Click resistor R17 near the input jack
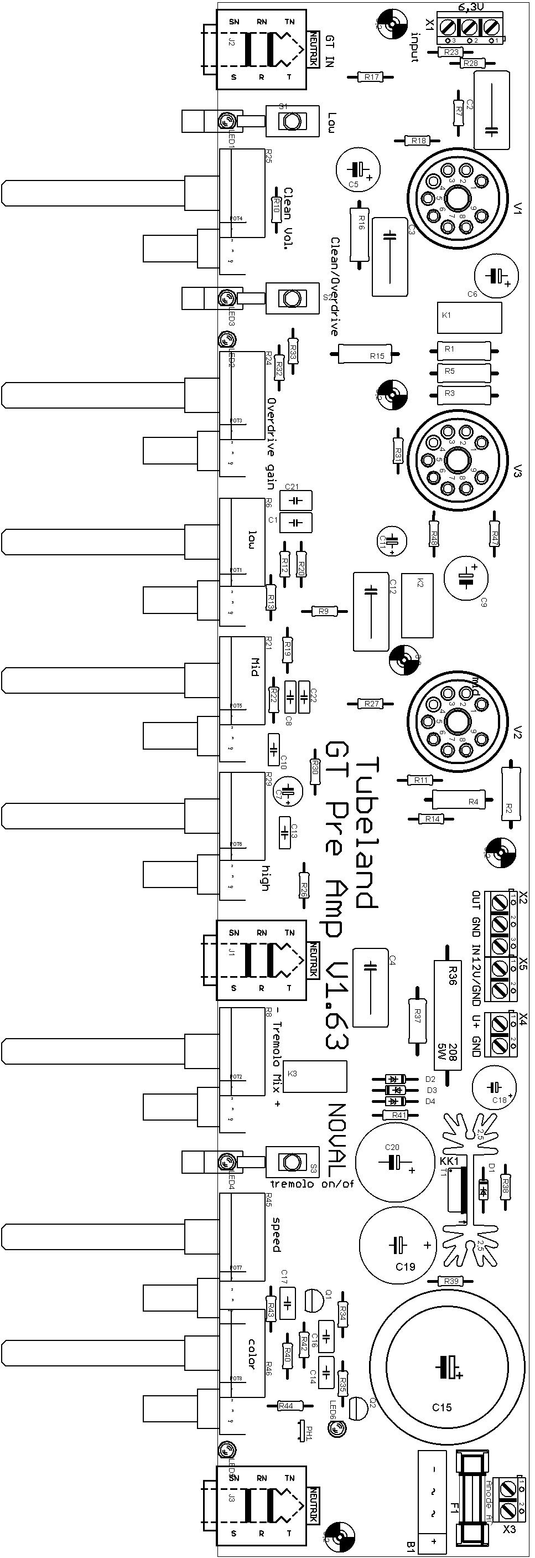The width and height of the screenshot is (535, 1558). tap(371, 77)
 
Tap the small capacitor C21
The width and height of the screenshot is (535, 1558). tap(296, 501)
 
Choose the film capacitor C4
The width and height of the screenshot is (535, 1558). tap(370, 987)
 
